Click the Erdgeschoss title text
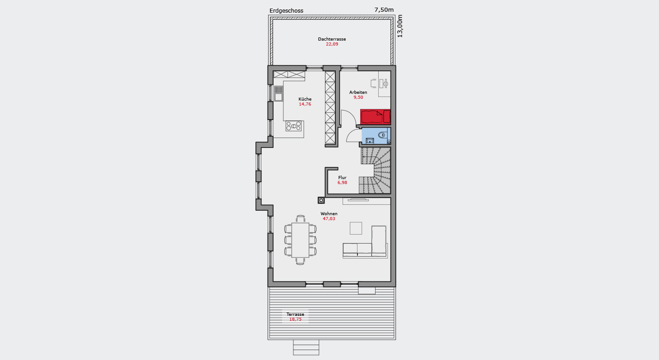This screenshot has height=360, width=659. pyautogui.click(x=286, y=11)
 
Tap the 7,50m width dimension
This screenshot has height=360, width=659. pyautogui.click(x=384, y=10)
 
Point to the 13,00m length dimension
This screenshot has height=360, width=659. pyautogui.click(x=400, y=26)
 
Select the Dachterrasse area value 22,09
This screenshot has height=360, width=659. pyautogui.click(x=332, y=44)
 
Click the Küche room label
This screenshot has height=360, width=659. pyautogui.click(x=305, y=99)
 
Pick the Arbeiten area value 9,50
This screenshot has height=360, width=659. pyautogui.click(x=358, y=97)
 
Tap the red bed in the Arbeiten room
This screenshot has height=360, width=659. pyautogui.click(x=376, y=117)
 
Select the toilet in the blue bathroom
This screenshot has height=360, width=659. pyautogui.click(x=382, y=135)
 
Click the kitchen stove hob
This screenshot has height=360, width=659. pyautogui.click(x=293, y=126)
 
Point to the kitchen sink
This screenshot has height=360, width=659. pyautogui.click(x=72, y=93)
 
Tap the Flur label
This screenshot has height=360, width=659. pyautogui.click(x=342, y=178)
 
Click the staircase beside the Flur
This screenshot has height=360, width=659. pyautogui.click(x=376, y=171)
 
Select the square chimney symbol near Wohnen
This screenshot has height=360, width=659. pyautogui.click(x=321, y=201)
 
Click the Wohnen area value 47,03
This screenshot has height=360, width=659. pyautogui.click(x=329, y=219)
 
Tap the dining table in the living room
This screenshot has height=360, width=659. pyautogui.click(x=300, y=240)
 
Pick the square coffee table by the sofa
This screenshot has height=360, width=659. pyautogui.click(x=356, y=228)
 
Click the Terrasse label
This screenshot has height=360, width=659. pyautogui.click(x=295, y=314)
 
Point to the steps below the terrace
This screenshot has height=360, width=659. pyautogui.click(x=306, y=347)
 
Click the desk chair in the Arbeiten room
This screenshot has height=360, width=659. pyautogui.click(x=373, y=83)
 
